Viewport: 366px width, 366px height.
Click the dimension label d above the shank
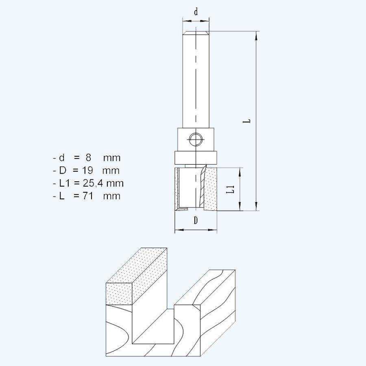[196, 12]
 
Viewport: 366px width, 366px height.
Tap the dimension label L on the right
[248, 121]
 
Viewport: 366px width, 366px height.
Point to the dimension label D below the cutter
[196, 221]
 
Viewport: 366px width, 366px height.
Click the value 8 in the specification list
[89, 157]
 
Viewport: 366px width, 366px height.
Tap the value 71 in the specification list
[89, 196]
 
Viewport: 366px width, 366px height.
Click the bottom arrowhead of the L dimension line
[256, 207]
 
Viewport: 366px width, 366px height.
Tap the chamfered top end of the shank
[196, 33]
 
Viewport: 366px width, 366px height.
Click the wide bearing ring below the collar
[196, 157]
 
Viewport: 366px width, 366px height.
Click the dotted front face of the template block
[119, 293]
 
